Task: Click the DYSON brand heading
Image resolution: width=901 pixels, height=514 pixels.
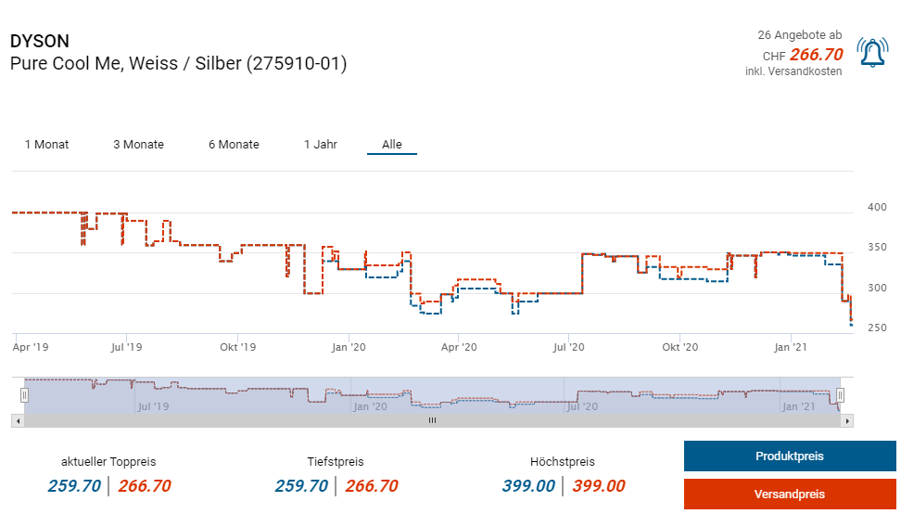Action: (x=39, y=42)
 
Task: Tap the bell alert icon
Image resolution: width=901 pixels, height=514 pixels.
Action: (x=872, y=53)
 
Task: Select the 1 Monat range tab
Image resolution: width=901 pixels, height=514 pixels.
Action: (x=46, y=145)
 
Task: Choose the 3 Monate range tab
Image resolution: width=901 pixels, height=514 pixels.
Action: (x=138, y=145)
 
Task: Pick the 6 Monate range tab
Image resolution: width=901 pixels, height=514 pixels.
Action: (x=234, y=145)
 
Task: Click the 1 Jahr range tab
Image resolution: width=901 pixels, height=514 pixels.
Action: (x=321, y=145)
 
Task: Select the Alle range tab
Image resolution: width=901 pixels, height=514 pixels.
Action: (x=392, y=145)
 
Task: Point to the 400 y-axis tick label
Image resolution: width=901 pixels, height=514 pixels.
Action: (x=876, y=207)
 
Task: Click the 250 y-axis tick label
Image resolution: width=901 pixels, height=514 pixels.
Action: (x=876, y=328)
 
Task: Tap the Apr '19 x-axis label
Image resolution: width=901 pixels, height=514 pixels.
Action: (x=32, y=348)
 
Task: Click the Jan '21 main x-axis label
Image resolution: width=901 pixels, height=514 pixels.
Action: (x=790, y=348)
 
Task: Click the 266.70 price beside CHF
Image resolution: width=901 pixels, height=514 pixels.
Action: (x=816, y=55)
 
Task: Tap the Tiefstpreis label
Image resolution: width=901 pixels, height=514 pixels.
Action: (x=336, y=462)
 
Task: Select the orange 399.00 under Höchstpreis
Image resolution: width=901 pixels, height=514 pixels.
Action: (x=599, y=486)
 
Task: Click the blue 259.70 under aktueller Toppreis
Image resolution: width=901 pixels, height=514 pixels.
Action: (x=74, y=486)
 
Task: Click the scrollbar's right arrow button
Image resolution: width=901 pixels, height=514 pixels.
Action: (x=848, y=420)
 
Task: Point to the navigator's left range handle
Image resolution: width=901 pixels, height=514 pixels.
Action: (x=24, y=395)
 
